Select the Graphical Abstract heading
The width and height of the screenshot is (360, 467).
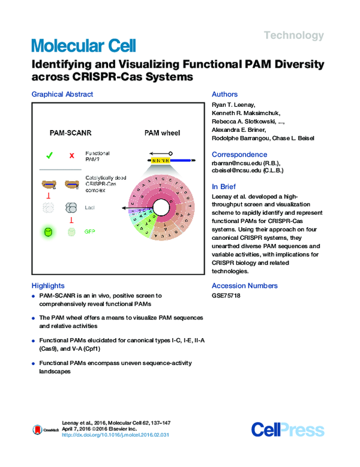tap(62, 94)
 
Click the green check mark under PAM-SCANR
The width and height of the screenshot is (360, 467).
tap(49, 155)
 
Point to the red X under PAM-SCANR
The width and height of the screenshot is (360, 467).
tap(71, 156)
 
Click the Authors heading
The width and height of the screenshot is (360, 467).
tap(225, 94)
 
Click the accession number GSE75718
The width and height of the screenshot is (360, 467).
tap(226, 297)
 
